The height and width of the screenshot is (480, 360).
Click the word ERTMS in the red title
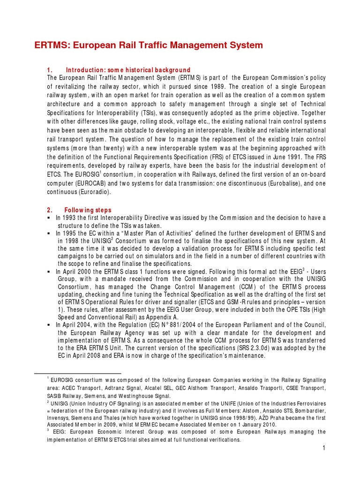click(x=51, y=45)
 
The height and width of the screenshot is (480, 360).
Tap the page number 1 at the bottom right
click(x=323, y=449)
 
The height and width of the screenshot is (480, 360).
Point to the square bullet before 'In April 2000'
click(x=49, y=271)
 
